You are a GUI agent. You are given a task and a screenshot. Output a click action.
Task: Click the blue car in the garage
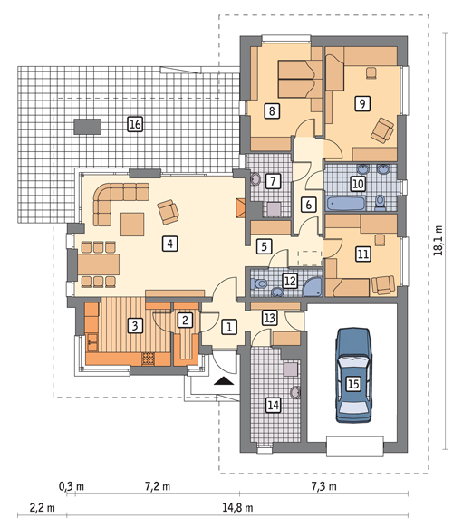(353, 375)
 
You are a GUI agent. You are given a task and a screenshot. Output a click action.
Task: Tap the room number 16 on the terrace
(135, 124)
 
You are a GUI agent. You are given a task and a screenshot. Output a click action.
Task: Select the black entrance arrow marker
(224, 381)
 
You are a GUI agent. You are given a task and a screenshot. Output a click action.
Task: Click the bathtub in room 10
(346, 204)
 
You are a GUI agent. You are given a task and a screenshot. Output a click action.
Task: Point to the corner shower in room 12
(313, 287)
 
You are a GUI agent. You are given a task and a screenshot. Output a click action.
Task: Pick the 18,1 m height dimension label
(439, 241)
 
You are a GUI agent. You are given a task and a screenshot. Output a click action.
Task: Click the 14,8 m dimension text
(237, 507)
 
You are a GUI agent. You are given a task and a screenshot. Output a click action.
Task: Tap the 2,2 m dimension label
(43, 507)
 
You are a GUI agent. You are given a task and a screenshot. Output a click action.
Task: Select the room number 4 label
(169, 244)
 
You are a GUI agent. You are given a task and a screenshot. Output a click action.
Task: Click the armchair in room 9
(382, 130)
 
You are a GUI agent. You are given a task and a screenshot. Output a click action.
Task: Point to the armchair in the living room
(169, 211)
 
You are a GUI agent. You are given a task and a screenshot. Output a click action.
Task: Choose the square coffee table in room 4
(132, 225)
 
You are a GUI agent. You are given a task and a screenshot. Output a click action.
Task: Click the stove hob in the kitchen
(149, 359)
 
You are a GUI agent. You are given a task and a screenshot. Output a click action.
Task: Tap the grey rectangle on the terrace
(88, 127)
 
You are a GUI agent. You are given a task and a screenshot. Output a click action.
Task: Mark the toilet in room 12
(258, 284)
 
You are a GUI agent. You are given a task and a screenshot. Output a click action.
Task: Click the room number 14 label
(273, 405)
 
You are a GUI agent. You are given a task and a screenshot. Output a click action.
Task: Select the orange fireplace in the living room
(241, 208)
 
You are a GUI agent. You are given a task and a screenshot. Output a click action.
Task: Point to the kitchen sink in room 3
(92, 342)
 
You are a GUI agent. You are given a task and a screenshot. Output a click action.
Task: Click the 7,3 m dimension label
(323, 486)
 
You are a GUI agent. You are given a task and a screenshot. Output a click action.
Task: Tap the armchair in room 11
(383, 285)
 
